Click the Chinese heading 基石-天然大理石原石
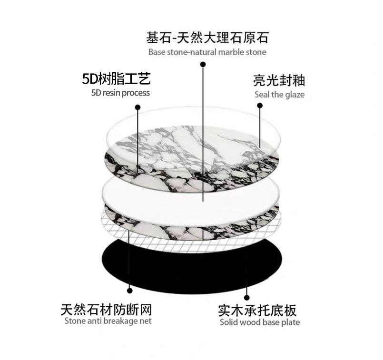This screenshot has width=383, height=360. tap(207, 37)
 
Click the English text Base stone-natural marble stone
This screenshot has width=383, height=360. tap(207, 52)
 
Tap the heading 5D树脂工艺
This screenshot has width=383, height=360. tap(117, 78)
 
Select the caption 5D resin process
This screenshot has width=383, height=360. tap(120, 93)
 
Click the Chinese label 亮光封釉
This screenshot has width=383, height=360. tap(279, 79)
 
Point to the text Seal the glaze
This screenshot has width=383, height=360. tap(279, 94)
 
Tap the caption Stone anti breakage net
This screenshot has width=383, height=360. tap(108, 321)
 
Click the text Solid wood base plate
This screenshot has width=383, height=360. tap(260, 322)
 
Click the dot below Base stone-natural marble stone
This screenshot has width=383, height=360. tap(203, 64)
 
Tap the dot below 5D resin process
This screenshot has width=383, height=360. tap(138, 107)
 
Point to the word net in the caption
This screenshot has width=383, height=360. tap(145, 321)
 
